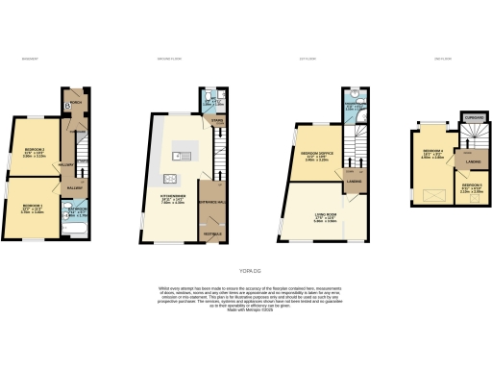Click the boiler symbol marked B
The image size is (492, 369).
coord(67,105)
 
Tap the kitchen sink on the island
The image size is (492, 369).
coord(178,155)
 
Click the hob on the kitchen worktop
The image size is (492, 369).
coord(172,177)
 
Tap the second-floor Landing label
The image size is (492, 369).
coord(474,161)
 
